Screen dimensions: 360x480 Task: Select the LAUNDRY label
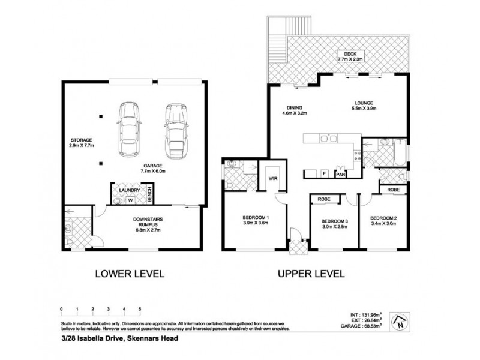pyautogui.click(x=129, y=190)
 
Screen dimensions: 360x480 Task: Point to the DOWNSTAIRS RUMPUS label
pyautogui.click(x=146, y=223)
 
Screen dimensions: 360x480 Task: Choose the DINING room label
pyautogui.click(x=294, y=109)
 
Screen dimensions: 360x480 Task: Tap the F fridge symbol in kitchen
pyautogui.click(x=325, y=173)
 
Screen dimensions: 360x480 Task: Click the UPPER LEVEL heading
pyautogui.click(x=311, y=274)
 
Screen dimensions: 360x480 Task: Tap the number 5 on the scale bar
pyautogui.click(x=140, y=308)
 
